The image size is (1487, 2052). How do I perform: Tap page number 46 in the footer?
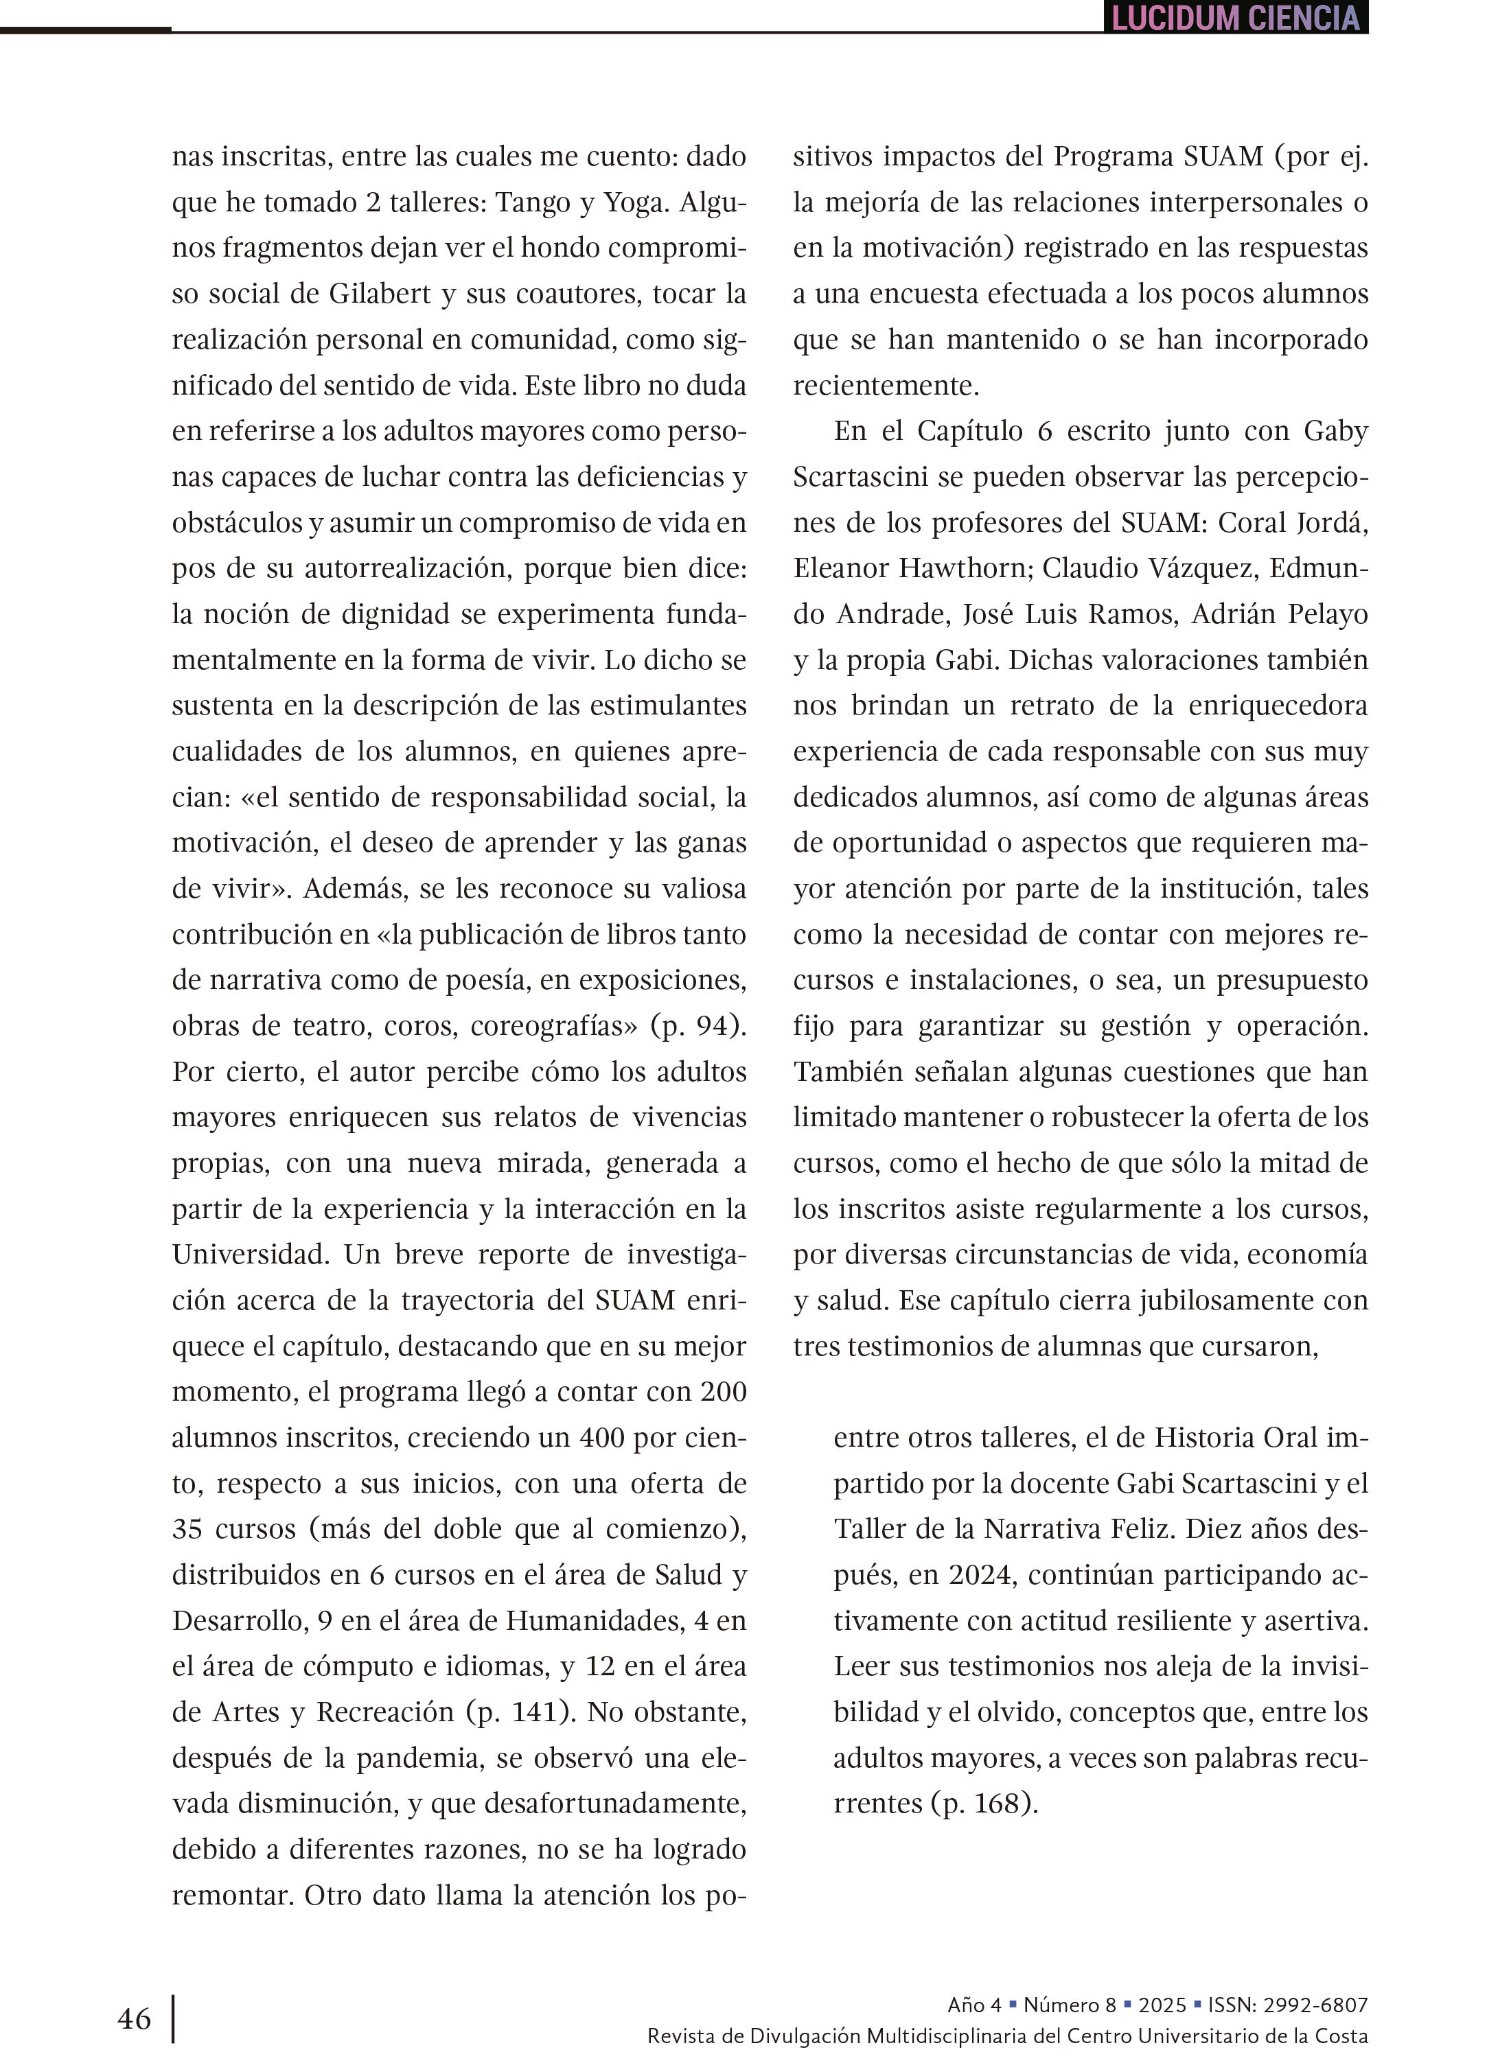[x=134, y=2018]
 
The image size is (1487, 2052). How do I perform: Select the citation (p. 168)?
[x=984, y=1803]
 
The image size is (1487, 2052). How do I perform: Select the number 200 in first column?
[x=723, y=1392]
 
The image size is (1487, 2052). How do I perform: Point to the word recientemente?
[x=886, y=386]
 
